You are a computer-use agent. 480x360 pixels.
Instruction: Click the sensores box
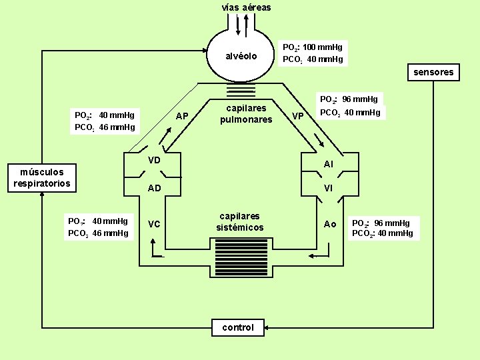(x=433, y=72)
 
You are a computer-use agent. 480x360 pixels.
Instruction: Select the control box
(x=238, y=327)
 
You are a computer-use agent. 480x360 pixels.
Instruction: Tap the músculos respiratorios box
(x=42, y=178)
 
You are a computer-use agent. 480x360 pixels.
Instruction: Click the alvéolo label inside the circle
(x=241, y=56)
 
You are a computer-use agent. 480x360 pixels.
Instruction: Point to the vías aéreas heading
(x=246, y=7)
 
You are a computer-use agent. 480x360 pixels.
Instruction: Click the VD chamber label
(x=154, y=160)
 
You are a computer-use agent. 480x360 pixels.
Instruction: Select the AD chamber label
(x=154, y=188)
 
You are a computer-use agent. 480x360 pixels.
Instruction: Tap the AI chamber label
(x=328, y=165)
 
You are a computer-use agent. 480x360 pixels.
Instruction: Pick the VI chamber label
(x=328, y=188)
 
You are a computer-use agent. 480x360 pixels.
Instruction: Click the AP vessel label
(x=182, y=116)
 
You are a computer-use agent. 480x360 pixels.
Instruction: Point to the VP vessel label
(x=298, y=116)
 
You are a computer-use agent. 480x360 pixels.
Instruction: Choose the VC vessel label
(x=154, y=224)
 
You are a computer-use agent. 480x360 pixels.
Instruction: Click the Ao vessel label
(x=330, y=224)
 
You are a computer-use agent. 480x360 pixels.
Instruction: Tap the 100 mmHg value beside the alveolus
(x=323, y=47)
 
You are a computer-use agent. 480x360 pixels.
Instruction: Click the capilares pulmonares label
(x=246, y=113)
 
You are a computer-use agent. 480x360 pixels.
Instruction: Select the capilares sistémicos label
(x=240, y=221)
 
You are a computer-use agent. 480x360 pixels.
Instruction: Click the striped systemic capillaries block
(x=241, y=258)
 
